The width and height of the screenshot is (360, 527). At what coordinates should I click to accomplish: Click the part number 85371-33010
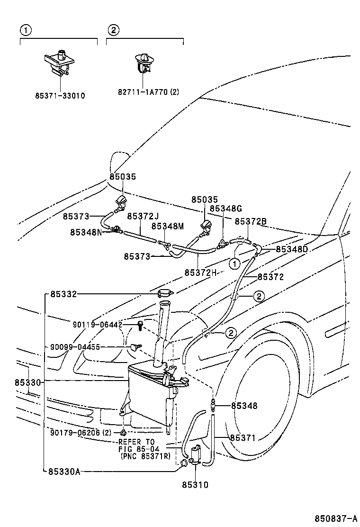tap(60, 95)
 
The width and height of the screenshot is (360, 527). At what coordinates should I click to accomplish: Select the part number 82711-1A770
tap(143, 92)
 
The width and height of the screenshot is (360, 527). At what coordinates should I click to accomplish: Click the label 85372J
tap(143, 216)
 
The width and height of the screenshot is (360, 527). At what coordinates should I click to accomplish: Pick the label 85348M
tap(167, 227)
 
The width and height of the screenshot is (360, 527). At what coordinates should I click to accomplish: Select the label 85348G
tap(226, 208)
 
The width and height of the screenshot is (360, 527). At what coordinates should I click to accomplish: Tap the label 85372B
tap(251, 221)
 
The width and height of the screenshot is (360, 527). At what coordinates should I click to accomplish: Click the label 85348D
tap(292, 249)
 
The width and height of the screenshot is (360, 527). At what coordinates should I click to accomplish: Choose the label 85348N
tap(86, 232)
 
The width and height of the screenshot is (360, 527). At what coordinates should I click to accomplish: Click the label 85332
tap(63, 294)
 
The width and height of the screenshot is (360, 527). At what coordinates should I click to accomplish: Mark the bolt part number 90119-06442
tap(98, 325)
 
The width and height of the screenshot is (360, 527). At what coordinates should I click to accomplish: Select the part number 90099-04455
tap(75, 347)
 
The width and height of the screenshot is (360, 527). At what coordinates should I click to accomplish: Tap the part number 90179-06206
tap(75, 432)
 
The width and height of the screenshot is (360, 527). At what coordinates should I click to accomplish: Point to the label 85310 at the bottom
tap(195, 485)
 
